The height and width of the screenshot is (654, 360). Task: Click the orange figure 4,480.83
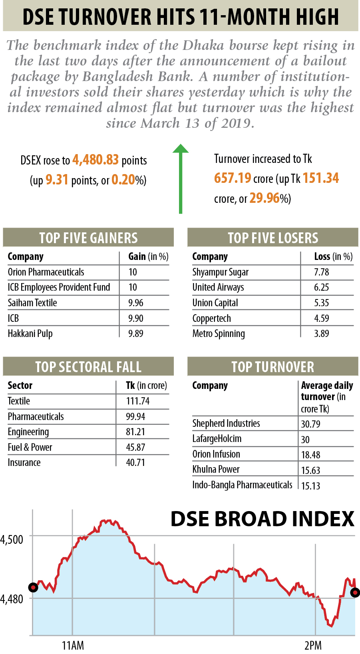(95, 160)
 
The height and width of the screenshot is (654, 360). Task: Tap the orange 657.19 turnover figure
(233, 178)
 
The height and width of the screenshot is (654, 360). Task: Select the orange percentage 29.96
(264, 198)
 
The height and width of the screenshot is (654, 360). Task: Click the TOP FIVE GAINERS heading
(88, 238)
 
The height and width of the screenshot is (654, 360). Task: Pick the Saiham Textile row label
(32, 303)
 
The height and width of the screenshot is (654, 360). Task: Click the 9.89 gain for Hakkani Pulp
(136, 334)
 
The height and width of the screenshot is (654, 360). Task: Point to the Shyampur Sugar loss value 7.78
(321, 272)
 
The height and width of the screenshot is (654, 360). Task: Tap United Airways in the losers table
(218, 287)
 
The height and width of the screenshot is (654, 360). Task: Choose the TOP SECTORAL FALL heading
(88, 367)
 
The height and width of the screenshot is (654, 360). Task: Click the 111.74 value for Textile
(138, 401)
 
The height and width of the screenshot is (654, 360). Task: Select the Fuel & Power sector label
(30, 448)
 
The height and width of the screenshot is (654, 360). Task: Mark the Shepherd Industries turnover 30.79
(310, 424)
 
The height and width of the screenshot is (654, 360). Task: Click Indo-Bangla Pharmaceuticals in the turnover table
(242, 485)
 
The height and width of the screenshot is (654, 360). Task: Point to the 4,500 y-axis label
(12, 540)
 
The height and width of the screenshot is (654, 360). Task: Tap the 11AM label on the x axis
(73, 645)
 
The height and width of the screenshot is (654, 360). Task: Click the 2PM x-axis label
(313, 645)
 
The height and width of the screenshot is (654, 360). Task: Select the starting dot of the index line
(33, 587)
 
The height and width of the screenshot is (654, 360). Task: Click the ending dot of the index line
(355, 593)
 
